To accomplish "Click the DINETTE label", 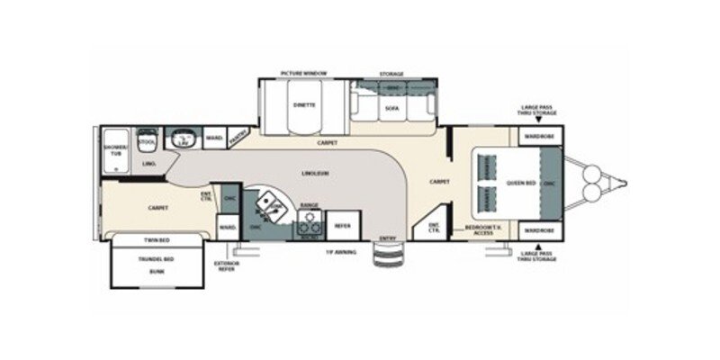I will click(x=303, y=104).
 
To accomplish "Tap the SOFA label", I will click(x=391, y=108).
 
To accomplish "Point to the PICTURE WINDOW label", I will click(x=302, y=73).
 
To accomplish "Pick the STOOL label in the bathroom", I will click(x=148, y=141).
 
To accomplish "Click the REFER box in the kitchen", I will click(x=343, y=225).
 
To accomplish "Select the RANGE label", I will click(x=309, y=205).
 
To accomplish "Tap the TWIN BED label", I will click(x=157, y=241).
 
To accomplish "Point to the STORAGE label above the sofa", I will click(x=391, y=74).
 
